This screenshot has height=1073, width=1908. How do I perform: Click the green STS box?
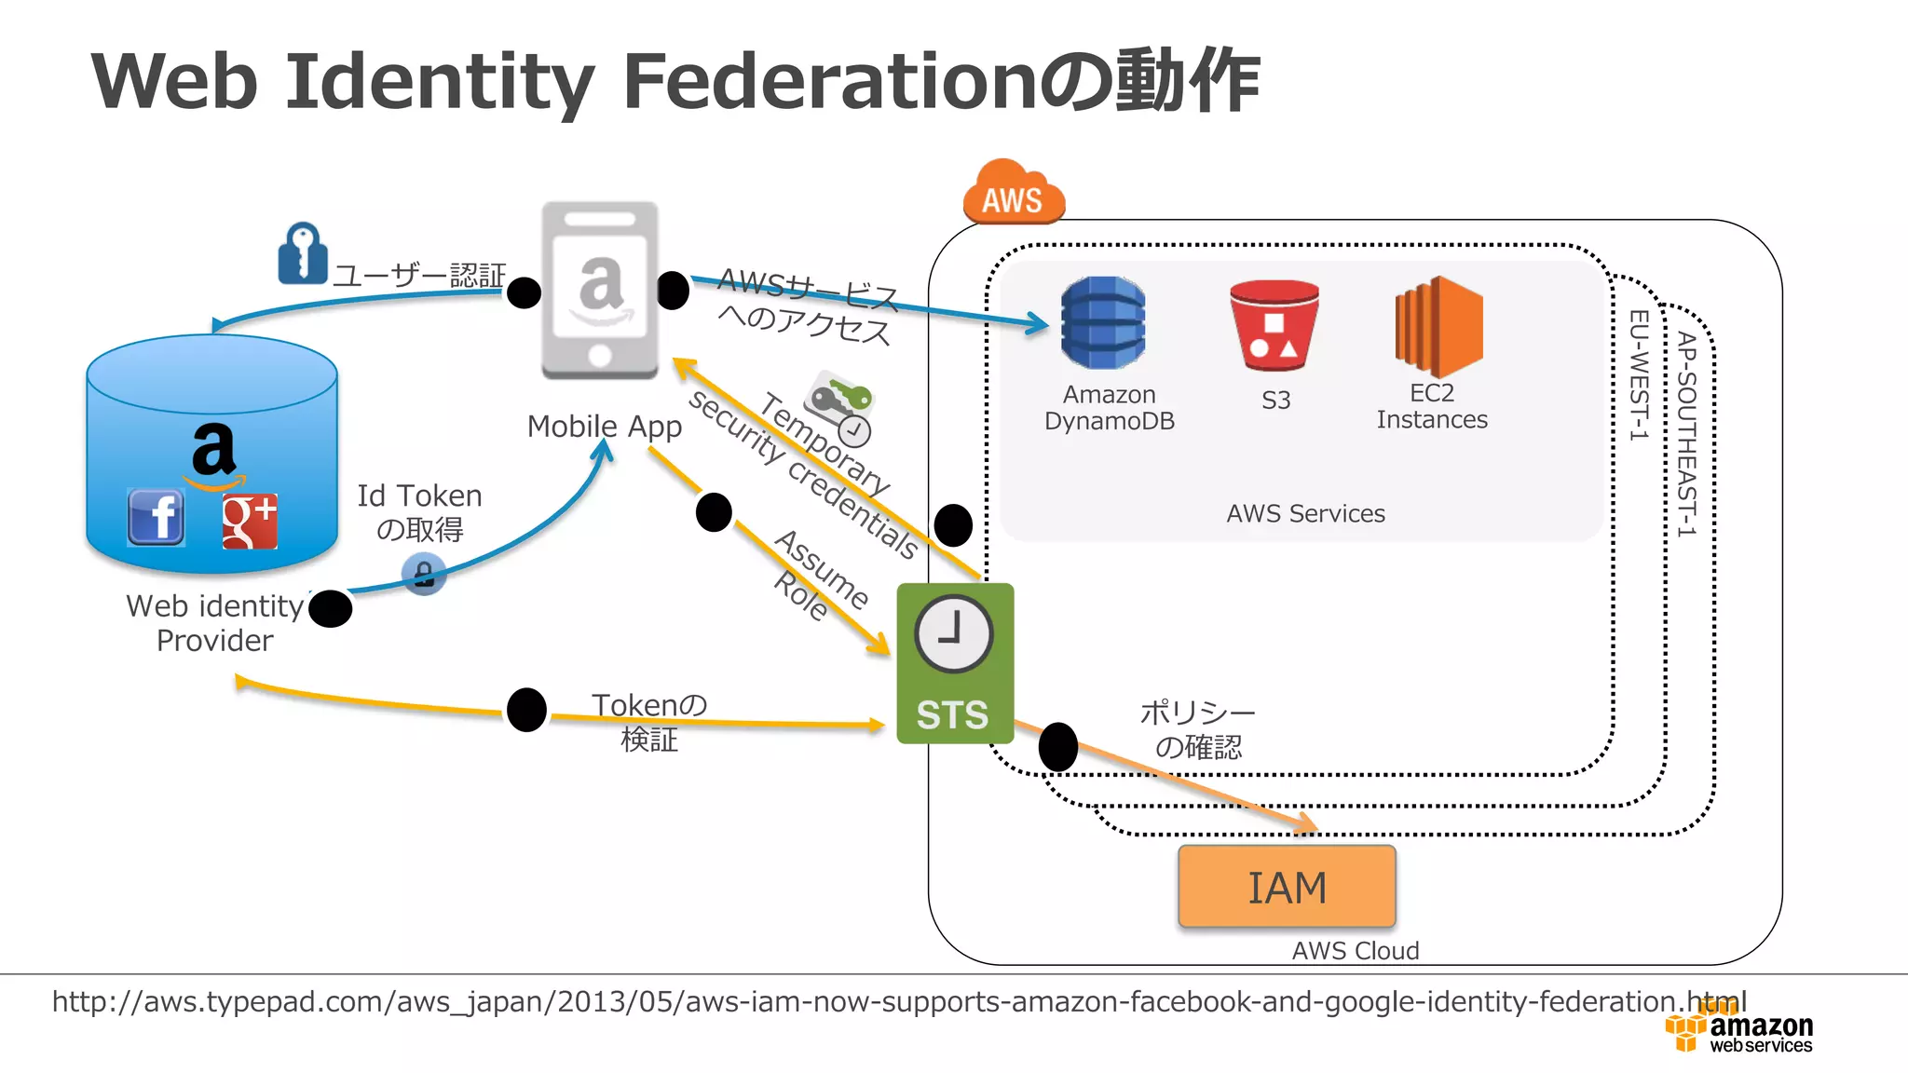point(954,663)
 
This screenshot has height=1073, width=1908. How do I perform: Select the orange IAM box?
point(1287,887)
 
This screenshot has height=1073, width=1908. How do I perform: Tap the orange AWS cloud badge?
point(1014,194)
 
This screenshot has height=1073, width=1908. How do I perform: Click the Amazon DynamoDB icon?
point(1103,322)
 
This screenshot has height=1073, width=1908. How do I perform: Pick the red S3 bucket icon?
point(1274,324)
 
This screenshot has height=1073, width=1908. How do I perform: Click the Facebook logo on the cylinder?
point(156,517)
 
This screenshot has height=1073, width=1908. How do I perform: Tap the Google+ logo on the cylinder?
point(250,521)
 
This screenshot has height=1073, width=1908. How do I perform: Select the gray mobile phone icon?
point(600,291)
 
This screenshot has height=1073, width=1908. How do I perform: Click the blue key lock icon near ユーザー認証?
point(302,253)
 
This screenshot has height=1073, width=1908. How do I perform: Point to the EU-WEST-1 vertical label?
point(1638,374)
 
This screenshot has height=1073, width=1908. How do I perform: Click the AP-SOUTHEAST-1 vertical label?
point(1686,434)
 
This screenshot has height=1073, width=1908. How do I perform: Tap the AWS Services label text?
point(1305,513)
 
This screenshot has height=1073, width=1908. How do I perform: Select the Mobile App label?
point(604,427)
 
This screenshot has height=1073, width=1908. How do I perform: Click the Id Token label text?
point(419,496)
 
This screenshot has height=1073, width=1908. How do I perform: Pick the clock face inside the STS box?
point(953,634)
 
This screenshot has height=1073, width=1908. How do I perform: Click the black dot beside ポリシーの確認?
point(1057,746)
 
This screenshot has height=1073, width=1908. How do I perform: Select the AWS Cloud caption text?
point(1355,950)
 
